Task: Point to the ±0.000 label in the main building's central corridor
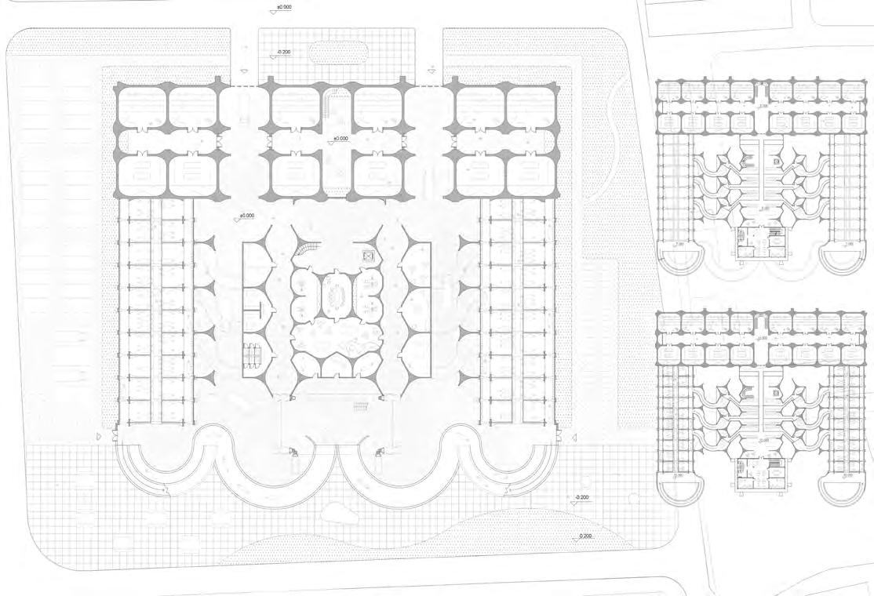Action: click(340, 139)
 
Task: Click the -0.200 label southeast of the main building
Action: click(582, 498)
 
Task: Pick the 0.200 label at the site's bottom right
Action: click(586, 536)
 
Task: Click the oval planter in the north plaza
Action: click(339, 53)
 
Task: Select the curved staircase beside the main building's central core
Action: click(308, 249)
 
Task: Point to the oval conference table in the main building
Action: click(338, 296)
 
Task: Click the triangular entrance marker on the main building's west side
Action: click(98, 435)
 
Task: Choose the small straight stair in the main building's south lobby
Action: click(361, 405)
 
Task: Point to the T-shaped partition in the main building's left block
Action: click(256, 309)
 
